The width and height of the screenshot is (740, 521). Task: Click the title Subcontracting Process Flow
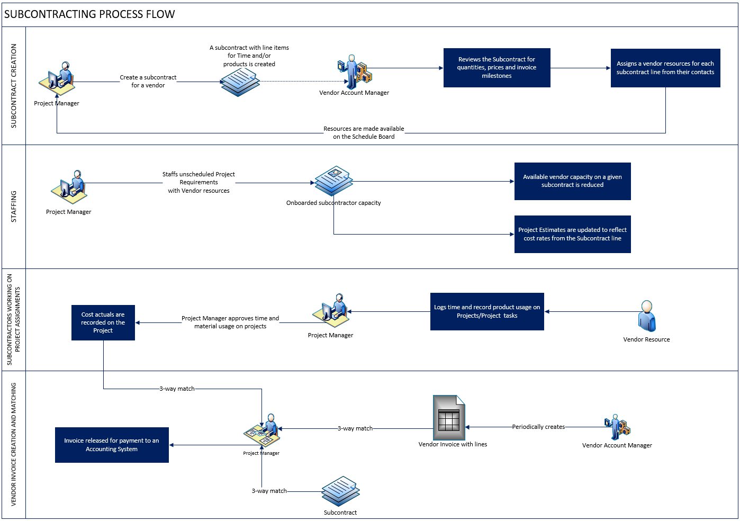coord(89,14)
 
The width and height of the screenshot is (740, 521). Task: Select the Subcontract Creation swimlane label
coord(14,86)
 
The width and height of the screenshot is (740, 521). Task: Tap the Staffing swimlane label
coord(14,206)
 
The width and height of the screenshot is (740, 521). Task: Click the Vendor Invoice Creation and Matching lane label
coord(14,444)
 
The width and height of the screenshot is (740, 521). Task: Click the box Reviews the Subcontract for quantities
coord(497,68)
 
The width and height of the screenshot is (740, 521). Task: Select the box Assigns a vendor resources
coord(665,68)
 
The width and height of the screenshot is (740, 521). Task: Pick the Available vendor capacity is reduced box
coord(572,181)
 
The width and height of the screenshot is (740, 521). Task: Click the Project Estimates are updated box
coord(572,234)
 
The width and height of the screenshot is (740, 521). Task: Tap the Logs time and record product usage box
coord(487,311)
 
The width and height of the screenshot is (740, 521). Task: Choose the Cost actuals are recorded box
coord(103,322)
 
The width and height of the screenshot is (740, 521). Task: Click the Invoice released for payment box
coord(112,445)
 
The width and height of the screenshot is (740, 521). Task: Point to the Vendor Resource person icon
coord(646,316)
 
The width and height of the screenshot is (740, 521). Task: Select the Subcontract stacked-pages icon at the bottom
coord(340,491)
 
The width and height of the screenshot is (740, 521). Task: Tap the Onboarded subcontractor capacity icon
coord(333,181)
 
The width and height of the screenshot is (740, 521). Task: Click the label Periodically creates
coord(538,427)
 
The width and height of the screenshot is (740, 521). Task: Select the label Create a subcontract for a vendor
coord(148,81)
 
